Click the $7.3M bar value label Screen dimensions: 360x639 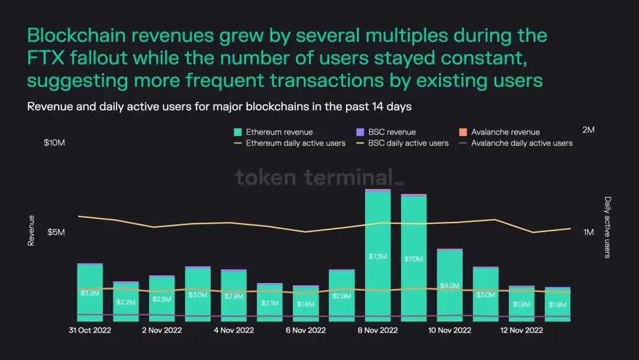377,256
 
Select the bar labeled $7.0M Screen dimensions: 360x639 414,259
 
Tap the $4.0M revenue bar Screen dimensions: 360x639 450,284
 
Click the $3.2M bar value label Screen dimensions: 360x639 90,292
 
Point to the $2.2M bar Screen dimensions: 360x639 126,302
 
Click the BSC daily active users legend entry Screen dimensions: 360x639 402,143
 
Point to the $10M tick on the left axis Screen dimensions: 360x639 54,143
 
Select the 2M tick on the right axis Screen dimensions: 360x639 588,129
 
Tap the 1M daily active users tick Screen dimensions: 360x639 588,232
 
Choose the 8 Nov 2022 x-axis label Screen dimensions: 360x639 377,330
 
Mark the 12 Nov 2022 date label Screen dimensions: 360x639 522,330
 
